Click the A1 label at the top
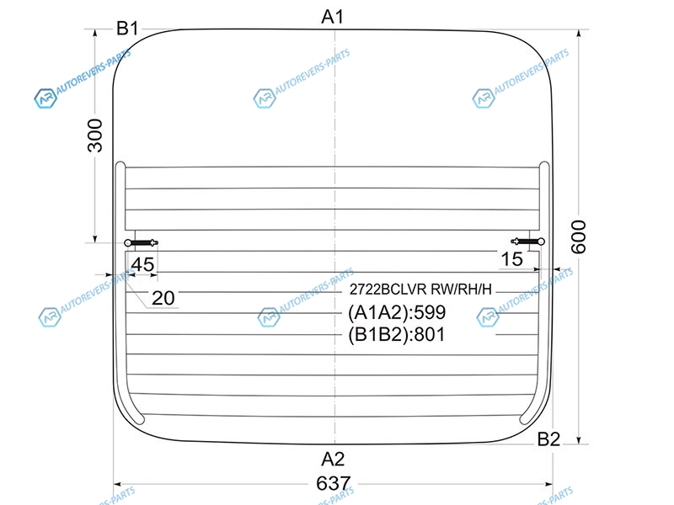(333, 17)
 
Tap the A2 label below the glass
(333, 459)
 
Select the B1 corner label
(127, 29)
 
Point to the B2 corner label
(548, 439)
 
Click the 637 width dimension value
(334, 483)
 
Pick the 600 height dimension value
(579, 237)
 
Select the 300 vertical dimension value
(95, 136)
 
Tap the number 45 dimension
(142, 264)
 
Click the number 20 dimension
(163, 298)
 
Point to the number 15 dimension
(512, 259)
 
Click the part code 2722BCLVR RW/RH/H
(420, 290)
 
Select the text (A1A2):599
(397, 312)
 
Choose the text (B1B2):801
(396, 334)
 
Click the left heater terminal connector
(141, 243)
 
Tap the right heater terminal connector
(528, 242)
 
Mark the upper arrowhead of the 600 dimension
(579, 34)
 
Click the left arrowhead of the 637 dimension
(118, 485)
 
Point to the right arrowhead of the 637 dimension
(548, 485)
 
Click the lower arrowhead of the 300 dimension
(95, 238)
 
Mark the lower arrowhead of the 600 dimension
(579, 439)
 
